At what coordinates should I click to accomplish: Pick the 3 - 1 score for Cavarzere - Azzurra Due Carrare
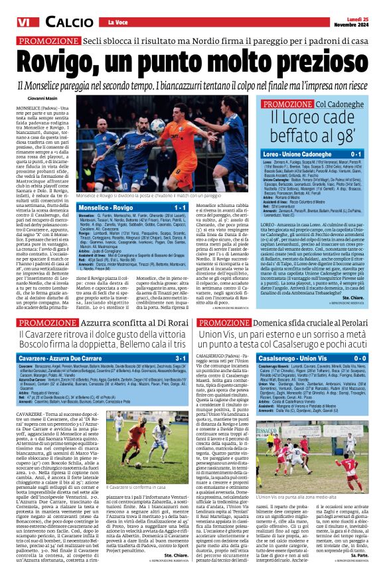179,358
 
